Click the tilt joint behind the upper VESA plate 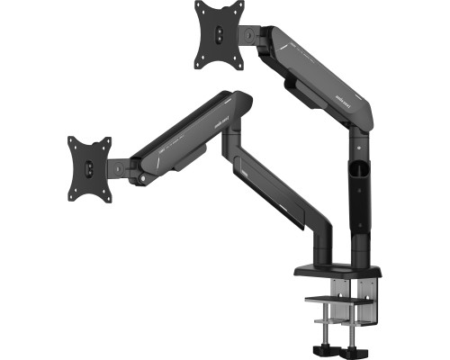click(x=251, y=36)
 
